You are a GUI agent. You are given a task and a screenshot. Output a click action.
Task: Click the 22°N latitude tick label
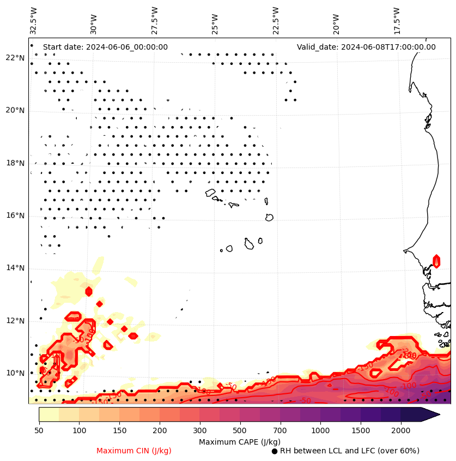[x=15, y=58]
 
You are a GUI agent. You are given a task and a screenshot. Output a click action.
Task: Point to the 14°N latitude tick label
[x=15, y=268]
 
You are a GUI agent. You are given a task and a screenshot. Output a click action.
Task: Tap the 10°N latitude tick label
[x=15, y=373]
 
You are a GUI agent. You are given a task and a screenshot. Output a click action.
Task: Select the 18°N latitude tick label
[x=15, y=163]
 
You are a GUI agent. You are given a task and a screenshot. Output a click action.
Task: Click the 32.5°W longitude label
[x=34, y=20]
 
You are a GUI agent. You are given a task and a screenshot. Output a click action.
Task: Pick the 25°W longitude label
[x=215, y=20]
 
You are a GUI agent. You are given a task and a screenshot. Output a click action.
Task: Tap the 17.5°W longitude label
[x=397, y=20]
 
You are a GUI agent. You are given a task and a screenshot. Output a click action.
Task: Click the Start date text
[x=105, y=47]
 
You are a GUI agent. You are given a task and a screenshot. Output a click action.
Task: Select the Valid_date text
[x=366, y=47]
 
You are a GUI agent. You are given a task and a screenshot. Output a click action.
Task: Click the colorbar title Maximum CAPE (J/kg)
[x=239, y=441]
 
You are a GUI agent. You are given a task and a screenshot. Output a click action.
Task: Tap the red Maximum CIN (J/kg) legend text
[x=134, y=451]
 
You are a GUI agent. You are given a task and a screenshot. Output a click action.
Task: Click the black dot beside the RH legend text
[x=275, y=451]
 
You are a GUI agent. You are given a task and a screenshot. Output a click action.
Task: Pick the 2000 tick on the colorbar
[x=401, y=431]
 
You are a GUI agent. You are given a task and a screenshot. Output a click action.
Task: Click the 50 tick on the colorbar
[x=39, y=431]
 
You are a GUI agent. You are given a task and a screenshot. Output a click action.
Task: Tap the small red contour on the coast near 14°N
[x=436, y=261]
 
